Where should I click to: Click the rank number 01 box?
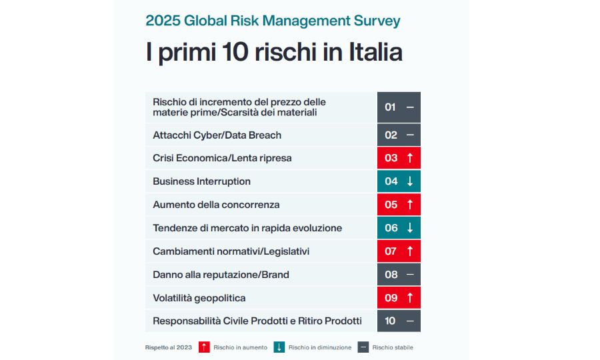pyautogui.click(x=391, y=107)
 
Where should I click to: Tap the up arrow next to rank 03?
pyautogui.click(x=410, y=158)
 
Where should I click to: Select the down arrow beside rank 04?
pyautogui.click(x=410, y=181)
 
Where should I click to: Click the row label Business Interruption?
pyautogui.click(x=201, y=181)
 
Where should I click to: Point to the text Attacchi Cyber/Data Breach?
pyautogui.click(x=217, y=135)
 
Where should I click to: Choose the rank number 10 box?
pyautogui.click(x=391, y=321)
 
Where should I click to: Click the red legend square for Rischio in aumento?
pyautogui.click(x=205, y=347)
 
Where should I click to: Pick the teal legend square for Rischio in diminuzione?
pyautogui.click(x=280, y=347)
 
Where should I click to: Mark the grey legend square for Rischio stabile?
pyautogui.click(x=363, y=347)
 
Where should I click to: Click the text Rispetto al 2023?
pyautogui.click(x=168, y=347)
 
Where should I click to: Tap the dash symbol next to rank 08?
pyautogui.click(x=410, y=275)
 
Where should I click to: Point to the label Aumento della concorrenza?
pyautogui.click(x=216, y=205)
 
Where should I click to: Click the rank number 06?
pyautogui.click(x=391, y=228)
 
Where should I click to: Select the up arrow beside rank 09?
pyautogui.click(x=410, y=298)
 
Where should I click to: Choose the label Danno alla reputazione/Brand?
pyautogui.click(x=221, y=275)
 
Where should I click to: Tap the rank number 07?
pyautogui.click(x=391, y=251)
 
